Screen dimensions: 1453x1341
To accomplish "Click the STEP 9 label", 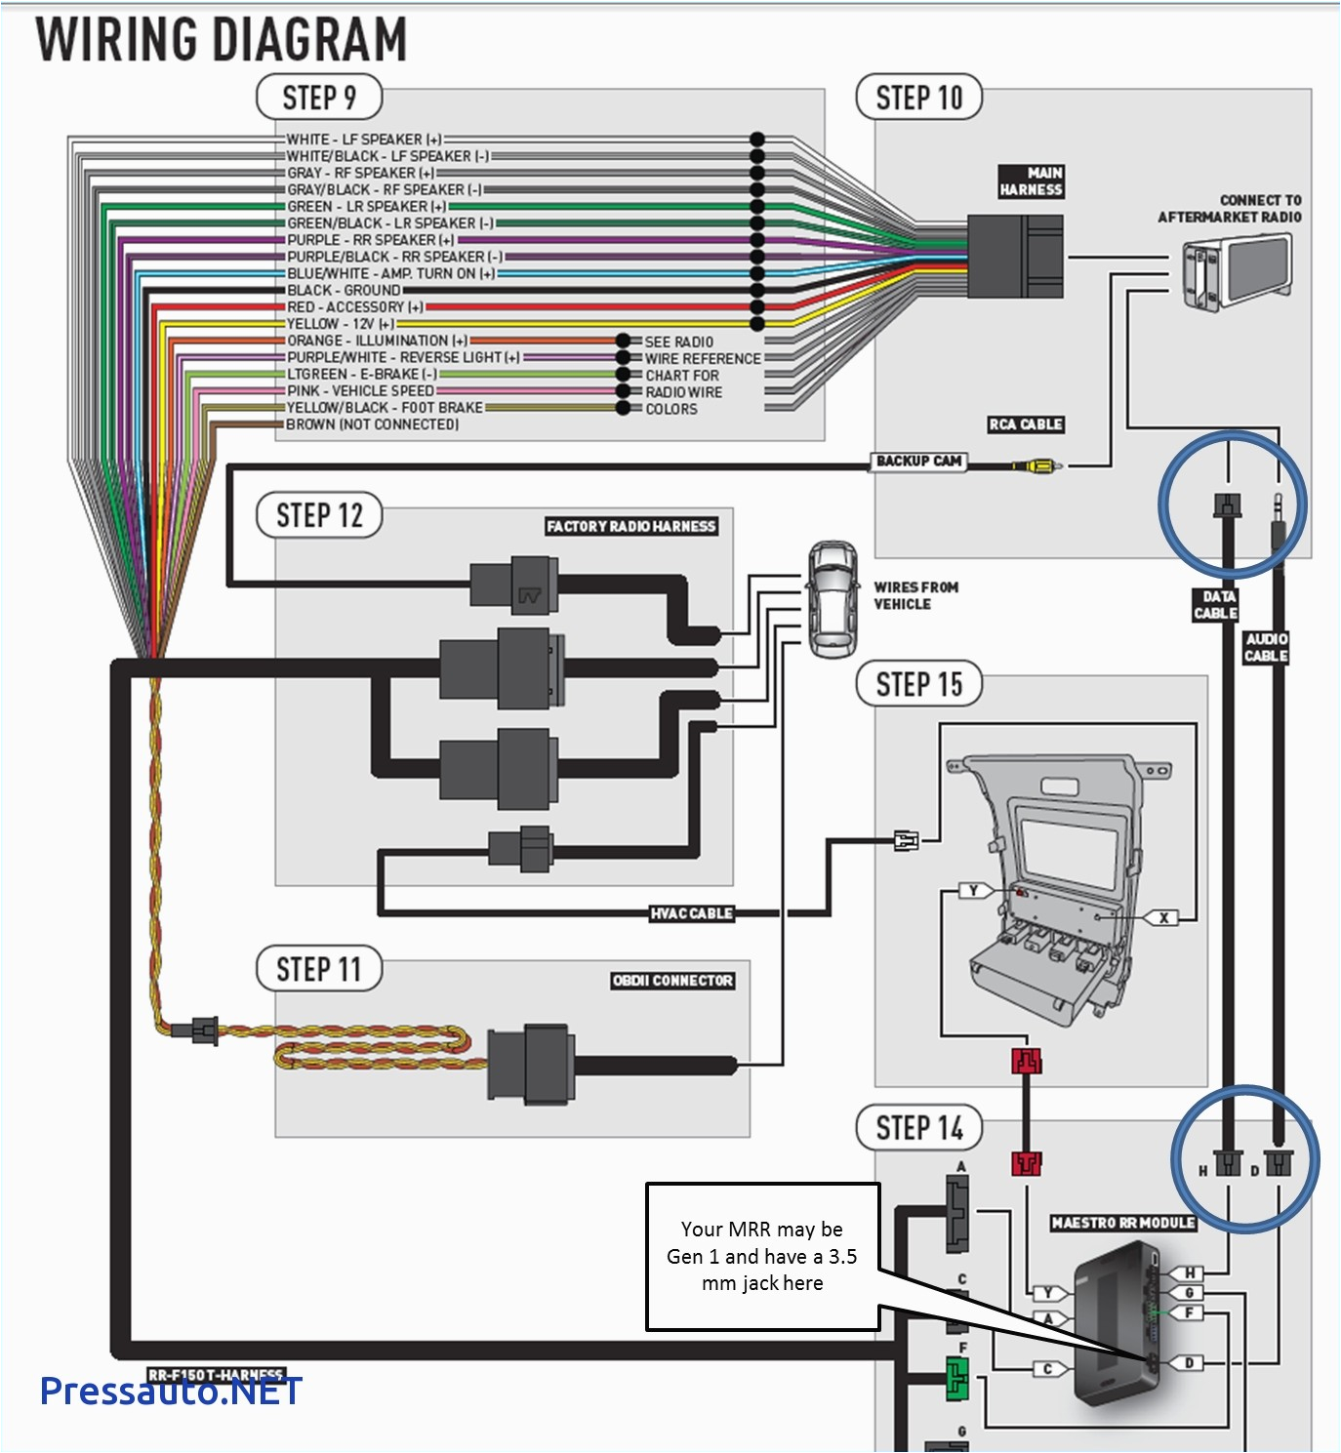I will point(318,99).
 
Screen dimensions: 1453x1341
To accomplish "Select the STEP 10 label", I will point(918,99).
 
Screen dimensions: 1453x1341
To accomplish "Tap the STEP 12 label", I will point(318,515).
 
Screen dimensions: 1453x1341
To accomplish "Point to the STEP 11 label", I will point(318,969).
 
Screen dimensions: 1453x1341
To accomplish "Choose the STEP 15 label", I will point(918,684).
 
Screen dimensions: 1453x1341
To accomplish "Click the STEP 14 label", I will point(918,1128).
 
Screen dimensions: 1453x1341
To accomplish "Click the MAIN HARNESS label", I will point(1031,182).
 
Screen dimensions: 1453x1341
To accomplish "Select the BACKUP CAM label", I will point(918,461).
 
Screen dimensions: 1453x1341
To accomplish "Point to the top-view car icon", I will point(832,599).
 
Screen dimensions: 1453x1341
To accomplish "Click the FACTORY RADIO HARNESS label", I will point(630,526).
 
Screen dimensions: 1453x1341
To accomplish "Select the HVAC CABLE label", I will point(691,913).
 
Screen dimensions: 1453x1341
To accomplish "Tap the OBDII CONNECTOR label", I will point(672,981).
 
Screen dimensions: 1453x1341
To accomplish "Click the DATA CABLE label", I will point(1216,605).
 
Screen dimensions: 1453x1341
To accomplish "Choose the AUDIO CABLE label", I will point(1266,647).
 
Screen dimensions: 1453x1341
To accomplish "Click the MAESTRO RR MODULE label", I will point(1122,1223).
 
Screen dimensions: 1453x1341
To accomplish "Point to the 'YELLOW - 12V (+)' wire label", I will point(341,324).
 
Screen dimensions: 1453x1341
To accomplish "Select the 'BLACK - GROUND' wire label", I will point(344,291).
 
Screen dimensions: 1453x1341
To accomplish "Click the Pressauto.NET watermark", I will point(171,1391).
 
